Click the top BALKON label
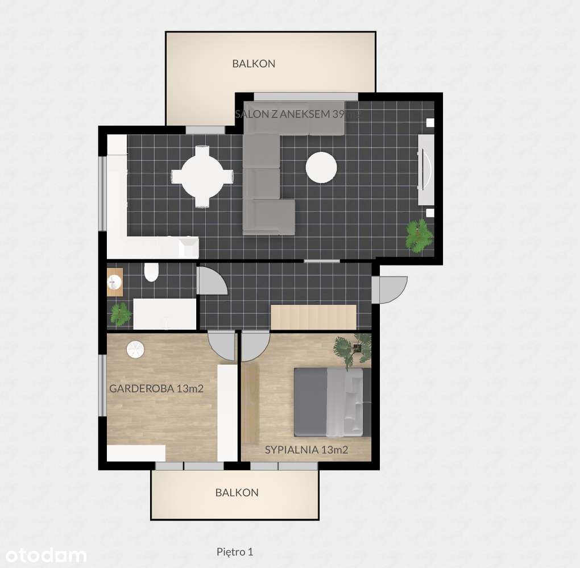[x=254, y=64]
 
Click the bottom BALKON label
[x=237, y=492]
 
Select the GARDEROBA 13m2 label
[x=156, y=389]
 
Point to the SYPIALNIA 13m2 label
[x=306, y=450]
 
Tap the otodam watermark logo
[x=43, y=554]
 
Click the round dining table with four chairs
[x=202, y=176]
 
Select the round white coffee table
[x=321, y=167]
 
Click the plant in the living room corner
[x=419, y=235]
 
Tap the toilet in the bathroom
[x=151, y=273]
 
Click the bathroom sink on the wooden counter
[x=115, y=281]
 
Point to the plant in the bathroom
[x=121, y=314]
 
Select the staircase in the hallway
[x=313, y=317]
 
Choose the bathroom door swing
[x=212, y=281]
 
